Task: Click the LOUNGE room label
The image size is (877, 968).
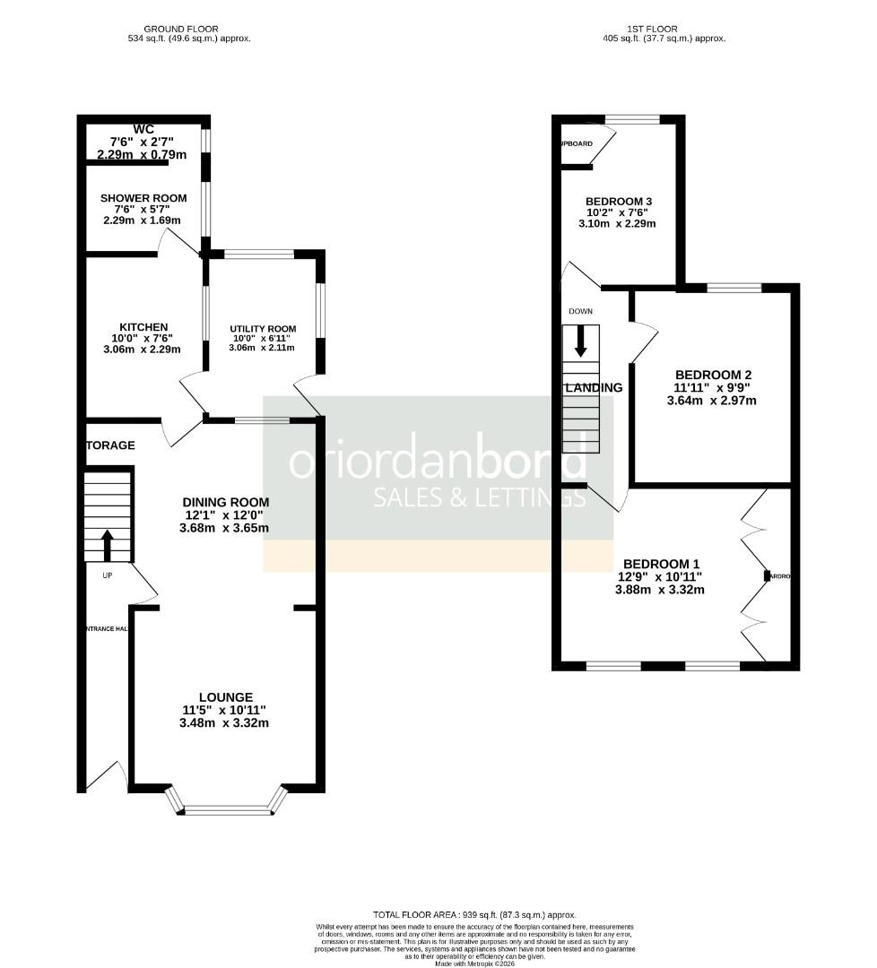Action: (225, 697)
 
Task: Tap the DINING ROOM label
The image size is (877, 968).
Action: (225, 502)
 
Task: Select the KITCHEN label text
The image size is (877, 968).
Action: (144, 327)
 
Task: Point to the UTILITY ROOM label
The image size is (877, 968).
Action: (263, 329)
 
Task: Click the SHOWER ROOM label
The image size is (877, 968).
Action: (143, 198)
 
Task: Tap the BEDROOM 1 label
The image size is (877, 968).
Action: (663, 565)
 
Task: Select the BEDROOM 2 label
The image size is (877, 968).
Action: (713, 375)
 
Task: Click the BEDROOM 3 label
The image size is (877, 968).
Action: (619, 201)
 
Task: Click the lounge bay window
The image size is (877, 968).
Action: (228, 809)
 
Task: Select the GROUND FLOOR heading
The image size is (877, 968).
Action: (188, 29)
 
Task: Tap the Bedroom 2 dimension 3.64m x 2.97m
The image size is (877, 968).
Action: (712, 401)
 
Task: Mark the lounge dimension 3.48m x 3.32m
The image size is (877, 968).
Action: (225, 722)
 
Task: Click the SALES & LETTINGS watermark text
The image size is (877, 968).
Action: (480, 497)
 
